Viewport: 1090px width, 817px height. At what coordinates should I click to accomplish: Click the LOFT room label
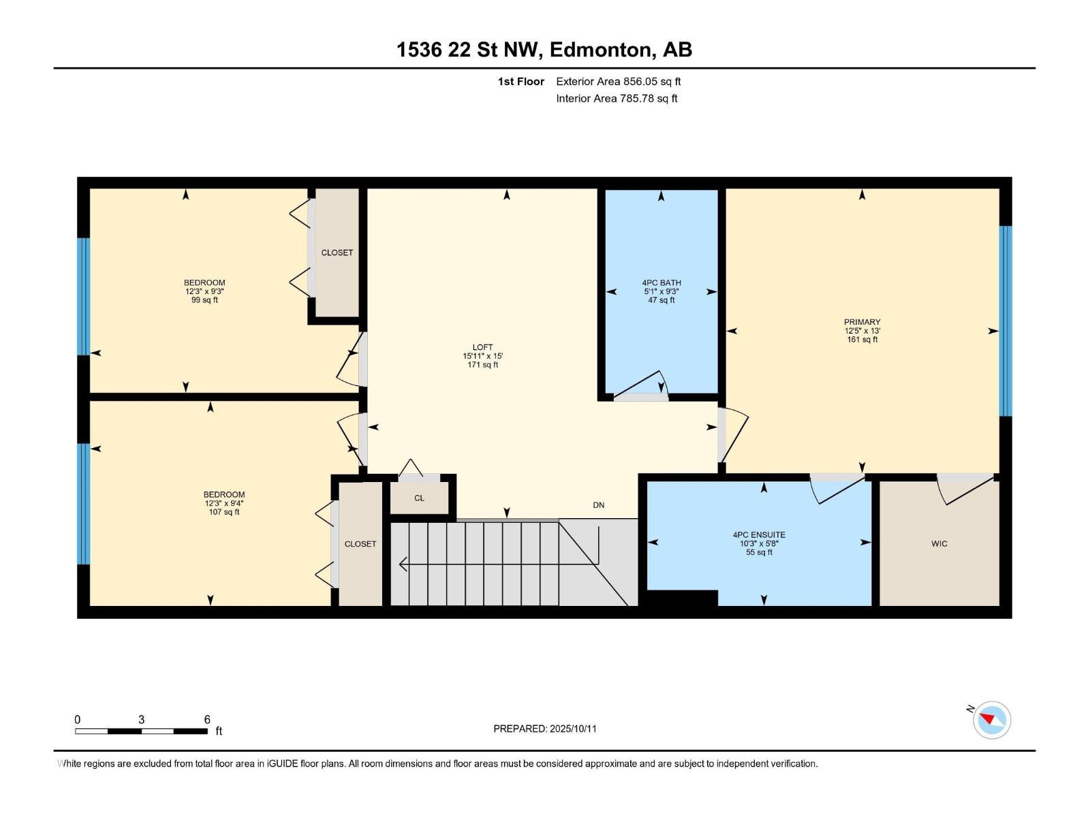(x=482, y=347)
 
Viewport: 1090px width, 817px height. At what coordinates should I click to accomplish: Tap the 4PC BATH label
(x=661, y=283)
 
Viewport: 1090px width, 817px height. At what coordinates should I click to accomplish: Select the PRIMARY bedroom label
(x=862, y=322)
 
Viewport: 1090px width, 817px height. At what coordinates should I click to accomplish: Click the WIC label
(x=939, y=543)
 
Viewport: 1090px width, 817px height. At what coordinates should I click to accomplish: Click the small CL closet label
(x=419, y=498)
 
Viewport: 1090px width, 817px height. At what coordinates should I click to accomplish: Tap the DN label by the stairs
(x=598, y=505)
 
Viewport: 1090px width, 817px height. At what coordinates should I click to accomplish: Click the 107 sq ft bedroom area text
(x=223, y=512)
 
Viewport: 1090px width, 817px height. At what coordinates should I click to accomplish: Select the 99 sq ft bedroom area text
(x=204, y=300)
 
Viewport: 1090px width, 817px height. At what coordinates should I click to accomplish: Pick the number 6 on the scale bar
(x=207, y=720)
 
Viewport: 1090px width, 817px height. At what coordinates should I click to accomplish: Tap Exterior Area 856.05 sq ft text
(x=618, y=82)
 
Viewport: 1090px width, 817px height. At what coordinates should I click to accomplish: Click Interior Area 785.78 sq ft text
(x=617, y=99)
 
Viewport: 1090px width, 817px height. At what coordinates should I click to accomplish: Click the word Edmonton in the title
(x=599, y=50)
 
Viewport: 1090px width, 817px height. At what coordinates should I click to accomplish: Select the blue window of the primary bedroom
(x=1005, y=320)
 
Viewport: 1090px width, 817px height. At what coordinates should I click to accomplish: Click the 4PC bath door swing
(x=644, y=385)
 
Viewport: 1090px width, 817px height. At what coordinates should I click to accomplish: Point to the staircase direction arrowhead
(x=403, y=564)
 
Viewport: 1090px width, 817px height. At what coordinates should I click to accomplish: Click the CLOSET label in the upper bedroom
(x=337, y=253)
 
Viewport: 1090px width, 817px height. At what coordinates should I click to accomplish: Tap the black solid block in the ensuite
(x=681, y=598)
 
